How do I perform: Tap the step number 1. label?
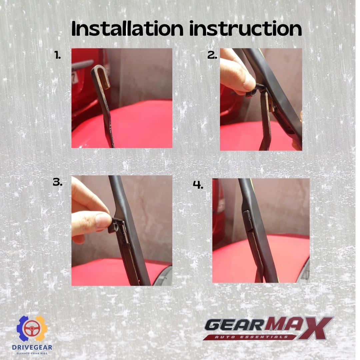click(58, 56)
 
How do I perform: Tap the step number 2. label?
click(212, 56)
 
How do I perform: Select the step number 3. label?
click(58, 182)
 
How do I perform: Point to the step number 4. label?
click(198, 185)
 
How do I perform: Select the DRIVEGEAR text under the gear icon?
click(32, 347)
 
